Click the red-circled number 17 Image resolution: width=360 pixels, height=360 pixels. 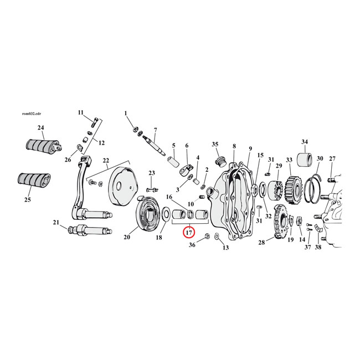[x=189, y=232]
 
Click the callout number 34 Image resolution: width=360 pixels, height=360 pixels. [x=304, y=141]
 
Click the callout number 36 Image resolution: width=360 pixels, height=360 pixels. [x=192, y=244]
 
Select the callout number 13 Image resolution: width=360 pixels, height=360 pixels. [x=225, y=247]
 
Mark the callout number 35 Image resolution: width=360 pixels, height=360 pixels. [x=215, y=144]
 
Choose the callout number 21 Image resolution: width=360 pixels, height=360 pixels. [x=55, y=223]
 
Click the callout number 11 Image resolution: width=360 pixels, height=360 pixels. [x=80, y=112]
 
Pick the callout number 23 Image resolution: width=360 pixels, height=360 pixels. [x=151, y=173]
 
